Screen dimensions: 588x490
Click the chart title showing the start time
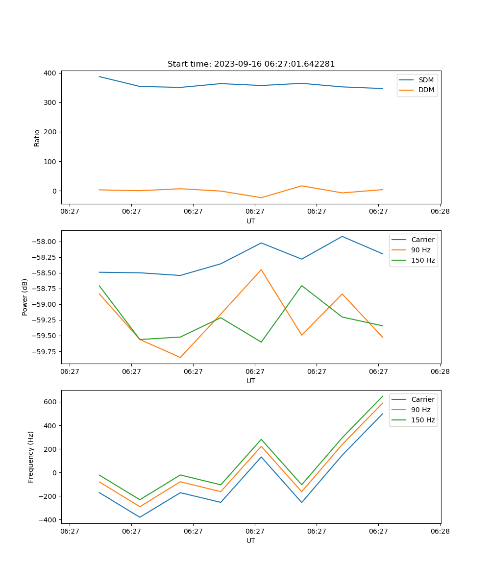click(251, 64)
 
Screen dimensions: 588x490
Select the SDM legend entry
click(426, 80)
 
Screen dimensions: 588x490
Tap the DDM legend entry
click(426, 90)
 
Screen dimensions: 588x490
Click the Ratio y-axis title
click(37, 138)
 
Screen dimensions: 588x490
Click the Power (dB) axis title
click(25, 297)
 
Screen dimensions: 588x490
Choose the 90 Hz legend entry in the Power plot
click(420, 250)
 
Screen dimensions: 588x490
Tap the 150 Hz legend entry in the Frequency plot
click(423, 420)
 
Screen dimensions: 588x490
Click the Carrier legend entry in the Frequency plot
click(422, 399)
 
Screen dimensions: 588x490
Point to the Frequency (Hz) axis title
click(31, 457)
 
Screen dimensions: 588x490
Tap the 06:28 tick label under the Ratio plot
click(440, 212)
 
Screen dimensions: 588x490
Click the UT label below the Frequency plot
click(251, 540)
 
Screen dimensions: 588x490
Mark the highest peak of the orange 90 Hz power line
click(261, 269)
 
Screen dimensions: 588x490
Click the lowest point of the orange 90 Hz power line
click(180, 357)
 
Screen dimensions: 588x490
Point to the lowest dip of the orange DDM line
click(261, 197)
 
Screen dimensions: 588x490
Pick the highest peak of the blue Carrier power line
click(342, 237)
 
